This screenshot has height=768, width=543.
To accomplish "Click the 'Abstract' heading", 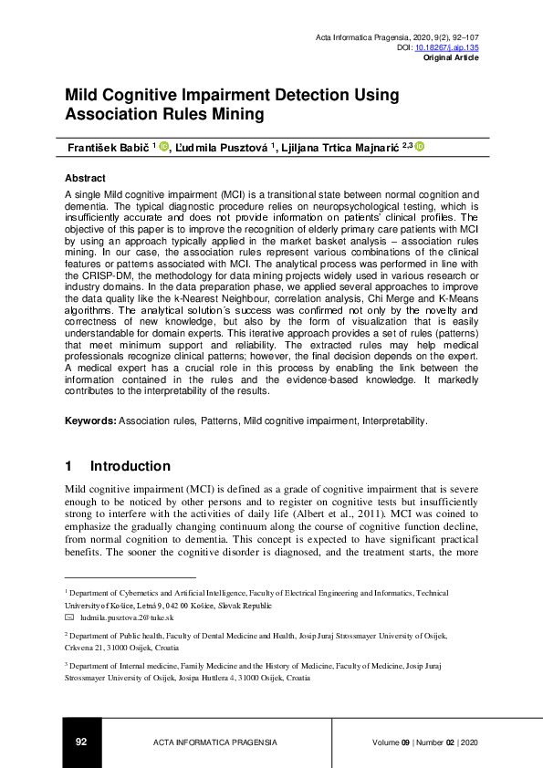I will point(86,178).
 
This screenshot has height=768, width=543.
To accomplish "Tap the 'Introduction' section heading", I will point(130,465).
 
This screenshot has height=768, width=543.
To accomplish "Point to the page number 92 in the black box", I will point(81,742).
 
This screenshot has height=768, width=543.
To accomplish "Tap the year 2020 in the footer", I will point(470,742).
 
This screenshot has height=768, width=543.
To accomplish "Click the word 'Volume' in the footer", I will point(388,742).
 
